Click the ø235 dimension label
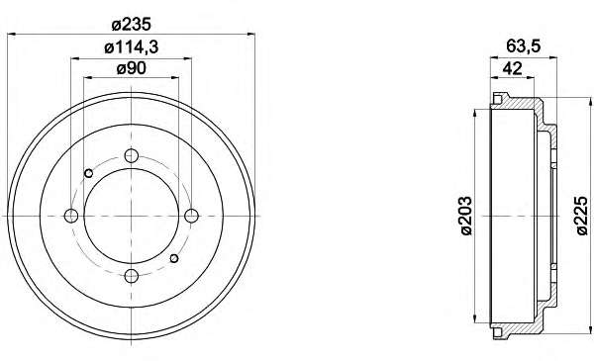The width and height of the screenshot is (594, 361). point(132,25)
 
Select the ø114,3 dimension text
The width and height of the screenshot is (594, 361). point(131,47)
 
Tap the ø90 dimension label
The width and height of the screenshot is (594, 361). point(131,69)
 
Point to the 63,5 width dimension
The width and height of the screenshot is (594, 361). point(524,46)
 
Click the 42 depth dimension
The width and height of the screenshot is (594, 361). point(512,68)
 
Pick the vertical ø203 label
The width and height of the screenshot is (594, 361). point(466,216)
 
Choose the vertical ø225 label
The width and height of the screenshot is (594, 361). point(582,216)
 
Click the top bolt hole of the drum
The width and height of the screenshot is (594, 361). point(132,155)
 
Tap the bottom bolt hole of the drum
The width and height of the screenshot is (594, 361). point(132,276)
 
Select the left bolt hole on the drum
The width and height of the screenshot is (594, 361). point(71,216)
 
